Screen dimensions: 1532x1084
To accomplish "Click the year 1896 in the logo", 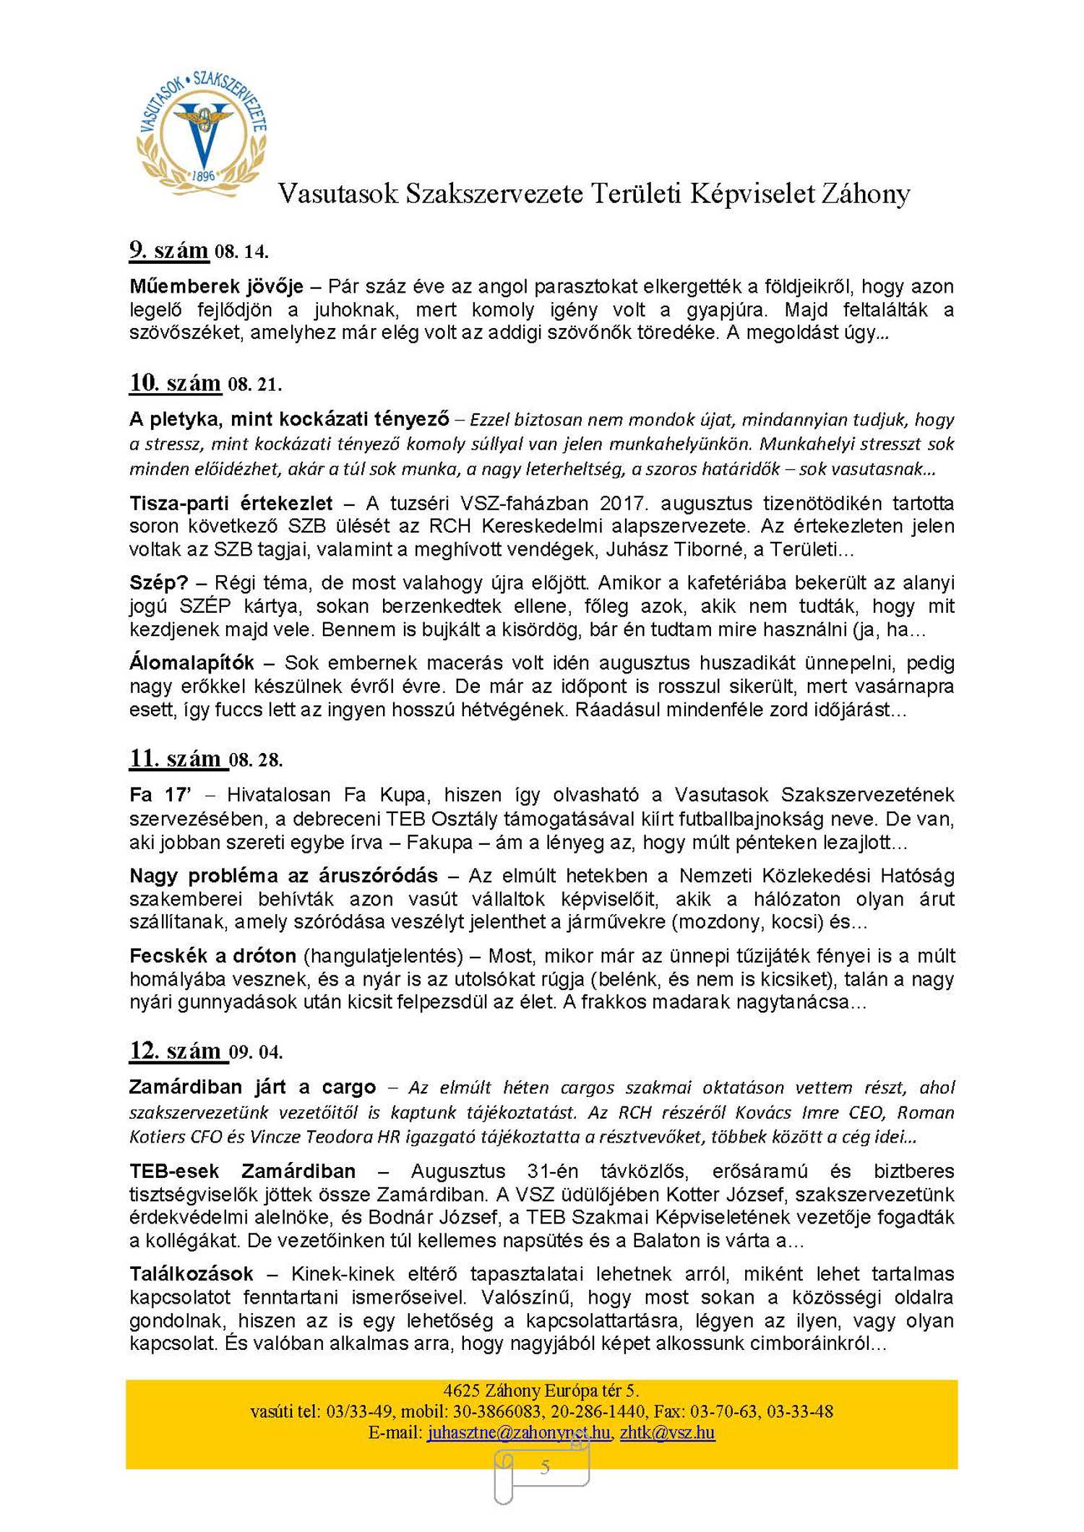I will click(x=204, y=176).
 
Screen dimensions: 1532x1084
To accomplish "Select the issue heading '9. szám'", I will click(x=169, y=251).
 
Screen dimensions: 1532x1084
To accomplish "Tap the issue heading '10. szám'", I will click(x=176, y=383).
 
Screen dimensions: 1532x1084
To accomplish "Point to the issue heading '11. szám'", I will click(x=176, y=759).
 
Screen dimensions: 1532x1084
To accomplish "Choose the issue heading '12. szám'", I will click(x=176, y=1051).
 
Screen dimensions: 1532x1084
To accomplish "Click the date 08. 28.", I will click(x=256, y=760).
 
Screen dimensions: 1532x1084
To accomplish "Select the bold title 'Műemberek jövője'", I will click(x=216, y=287).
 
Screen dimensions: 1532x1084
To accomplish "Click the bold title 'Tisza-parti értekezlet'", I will click(x=231, y=503).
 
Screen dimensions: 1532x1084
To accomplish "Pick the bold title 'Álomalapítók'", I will click(x=192, y=663).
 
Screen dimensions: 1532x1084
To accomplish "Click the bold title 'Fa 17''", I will click(x=160, y=795).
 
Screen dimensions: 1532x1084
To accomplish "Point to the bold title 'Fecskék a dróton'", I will click(x=212, y=956).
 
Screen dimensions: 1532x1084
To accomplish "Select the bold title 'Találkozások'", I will click(x=192, y=1273).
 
